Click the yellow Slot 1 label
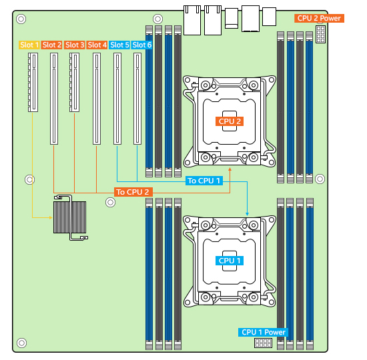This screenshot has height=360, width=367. (x=29, y=45)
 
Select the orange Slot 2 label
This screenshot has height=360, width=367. (x=51, y=45)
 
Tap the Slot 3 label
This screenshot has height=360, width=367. (x=74, y=45)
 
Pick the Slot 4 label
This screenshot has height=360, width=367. (x=97, y=45)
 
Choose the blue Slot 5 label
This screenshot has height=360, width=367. (x=119, y=45)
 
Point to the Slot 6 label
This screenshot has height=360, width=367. (x=141, y=45)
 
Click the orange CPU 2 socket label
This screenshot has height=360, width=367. (x=230, y=121)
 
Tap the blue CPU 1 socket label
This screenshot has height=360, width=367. (x=230, y=261)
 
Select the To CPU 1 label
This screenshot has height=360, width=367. (x=204, y=181)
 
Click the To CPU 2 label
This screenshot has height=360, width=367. (x=133, y=192)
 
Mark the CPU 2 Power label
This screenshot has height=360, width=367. (x=319, y=18)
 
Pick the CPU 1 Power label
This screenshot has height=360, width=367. (x=263, y=332)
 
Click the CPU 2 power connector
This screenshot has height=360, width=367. (x=320, y=34)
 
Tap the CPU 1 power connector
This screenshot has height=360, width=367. (x=263, y=343)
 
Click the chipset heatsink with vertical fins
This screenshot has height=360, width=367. (x=70, y=217)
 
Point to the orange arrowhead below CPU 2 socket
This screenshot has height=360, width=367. (x=230, y=169)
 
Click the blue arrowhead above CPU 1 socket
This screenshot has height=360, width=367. (x=247, y=214)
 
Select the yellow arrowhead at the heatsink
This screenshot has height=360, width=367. (x=51, y=217)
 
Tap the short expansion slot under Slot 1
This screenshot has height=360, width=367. (x=33, y=83)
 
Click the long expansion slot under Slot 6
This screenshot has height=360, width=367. (x=137, y=99)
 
